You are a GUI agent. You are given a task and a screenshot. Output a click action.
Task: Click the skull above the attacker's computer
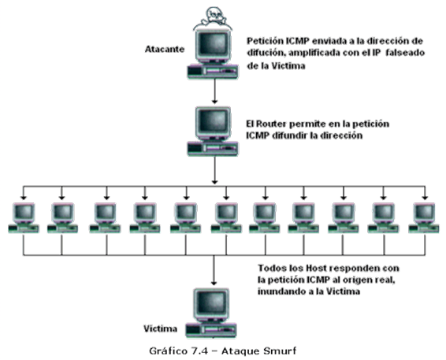(213, 17)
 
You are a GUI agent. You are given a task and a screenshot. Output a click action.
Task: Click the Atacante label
(165, 49)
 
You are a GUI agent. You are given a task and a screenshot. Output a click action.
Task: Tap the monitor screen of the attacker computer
(214, 44)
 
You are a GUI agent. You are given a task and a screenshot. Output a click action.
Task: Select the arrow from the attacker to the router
(215, 91)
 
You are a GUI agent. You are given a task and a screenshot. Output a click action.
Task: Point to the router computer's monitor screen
(214, 121)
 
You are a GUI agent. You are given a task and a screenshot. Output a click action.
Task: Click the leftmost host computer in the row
(24, 218)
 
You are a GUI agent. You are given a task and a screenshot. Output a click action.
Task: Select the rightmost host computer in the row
(424, 218)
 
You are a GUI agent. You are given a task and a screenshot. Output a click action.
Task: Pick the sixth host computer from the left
(226, 218)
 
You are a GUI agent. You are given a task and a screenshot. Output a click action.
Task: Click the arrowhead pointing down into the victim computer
(214, 283)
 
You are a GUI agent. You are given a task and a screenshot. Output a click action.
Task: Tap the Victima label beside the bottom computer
(161, 328)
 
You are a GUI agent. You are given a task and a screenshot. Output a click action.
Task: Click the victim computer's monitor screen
(212, 302)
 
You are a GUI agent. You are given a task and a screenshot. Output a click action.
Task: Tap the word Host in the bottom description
(317, 268)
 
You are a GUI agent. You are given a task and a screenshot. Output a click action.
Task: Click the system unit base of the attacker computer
(213, 72)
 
